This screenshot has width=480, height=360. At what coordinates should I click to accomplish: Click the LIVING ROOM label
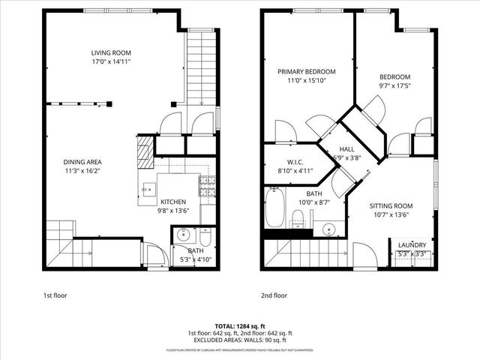click(x=111, y=52)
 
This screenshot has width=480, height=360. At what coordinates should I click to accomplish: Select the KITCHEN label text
click(x=173, y=202)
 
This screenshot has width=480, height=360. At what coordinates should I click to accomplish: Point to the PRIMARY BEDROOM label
click(x=306, y=72)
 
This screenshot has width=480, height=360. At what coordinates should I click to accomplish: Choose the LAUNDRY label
click(x=412, y=245)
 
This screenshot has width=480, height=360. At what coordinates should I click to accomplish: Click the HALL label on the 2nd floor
click(x=346, y=149)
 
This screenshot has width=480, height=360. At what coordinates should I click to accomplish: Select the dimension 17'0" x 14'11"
click(x=111, y=62)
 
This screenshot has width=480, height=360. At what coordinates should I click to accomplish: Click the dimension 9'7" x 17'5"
click(x=394, y=86)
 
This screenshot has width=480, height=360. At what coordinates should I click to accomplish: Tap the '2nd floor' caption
click(x=274, y=295)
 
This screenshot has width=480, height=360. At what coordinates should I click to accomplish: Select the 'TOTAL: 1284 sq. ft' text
click(x=240, y=326)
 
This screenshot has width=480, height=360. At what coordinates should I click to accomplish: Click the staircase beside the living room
click(x=200, y=67)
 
